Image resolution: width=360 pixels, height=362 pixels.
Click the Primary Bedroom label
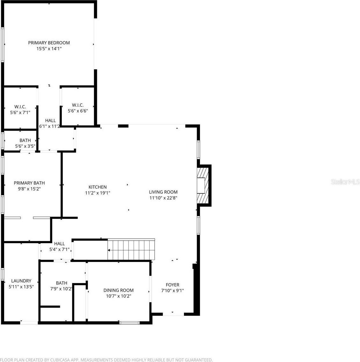[49, 43]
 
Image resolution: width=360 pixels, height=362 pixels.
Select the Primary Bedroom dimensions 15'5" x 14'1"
[49, 49]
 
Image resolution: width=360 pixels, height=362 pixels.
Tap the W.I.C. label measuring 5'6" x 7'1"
[20, 106]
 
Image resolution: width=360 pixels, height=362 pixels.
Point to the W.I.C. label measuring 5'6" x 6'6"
[78, 105]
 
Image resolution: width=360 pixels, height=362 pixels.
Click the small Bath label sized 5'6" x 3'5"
[25, 140]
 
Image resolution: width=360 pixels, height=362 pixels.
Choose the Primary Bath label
[29, 183]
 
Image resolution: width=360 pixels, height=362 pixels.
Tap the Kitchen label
[98, 187]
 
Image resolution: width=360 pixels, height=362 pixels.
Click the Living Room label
[163, 192]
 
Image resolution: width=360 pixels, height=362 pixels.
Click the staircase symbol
[131, 250]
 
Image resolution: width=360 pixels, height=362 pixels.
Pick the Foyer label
[173, 285]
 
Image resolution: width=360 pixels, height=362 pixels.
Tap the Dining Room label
[118, 290]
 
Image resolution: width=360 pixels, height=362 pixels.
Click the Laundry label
[21, 281]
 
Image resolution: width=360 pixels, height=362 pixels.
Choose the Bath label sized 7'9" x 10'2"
[62, 283]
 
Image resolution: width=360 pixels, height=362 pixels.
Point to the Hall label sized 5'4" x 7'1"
[59, 244]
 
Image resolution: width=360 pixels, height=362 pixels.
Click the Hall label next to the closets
[50, 120]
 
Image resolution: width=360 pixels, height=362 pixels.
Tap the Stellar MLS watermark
[345, 182]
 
